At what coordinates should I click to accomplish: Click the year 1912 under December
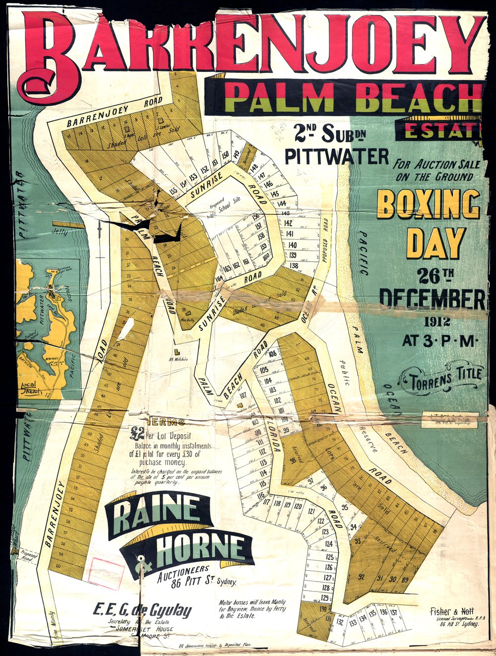pos(436,322)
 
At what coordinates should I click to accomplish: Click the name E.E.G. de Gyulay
pos(142,610)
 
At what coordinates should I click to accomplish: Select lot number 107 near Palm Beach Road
pos(243,395)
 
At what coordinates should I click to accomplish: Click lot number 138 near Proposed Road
pos(294,266)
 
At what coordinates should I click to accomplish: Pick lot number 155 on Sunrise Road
pos(174,192)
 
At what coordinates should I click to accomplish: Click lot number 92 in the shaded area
pos(361,577)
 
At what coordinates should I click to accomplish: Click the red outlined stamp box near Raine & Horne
pos(106,573)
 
